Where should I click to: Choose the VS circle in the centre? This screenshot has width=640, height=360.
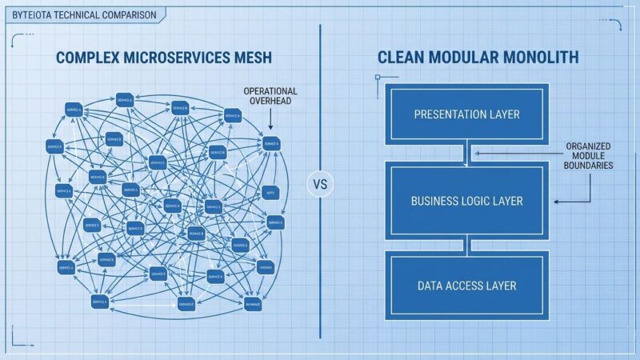click(320, 183)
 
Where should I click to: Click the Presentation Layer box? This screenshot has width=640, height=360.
click(466, 114)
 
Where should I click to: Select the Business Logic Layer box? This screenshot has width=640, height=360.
click(466, 201)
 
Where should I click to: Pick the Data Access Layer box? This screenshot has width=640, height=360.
click(466, 286)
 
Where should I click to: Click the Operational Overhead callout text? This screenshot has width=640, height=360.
click(270, 97)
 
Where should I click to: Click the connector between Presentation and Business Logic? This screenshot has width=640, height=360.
click(466, 153)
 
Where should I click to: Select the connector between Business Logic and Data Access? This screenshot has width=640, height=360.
click(466, 244)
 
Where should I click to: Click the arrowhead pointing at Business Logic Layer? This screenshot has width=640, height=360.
click(558, 202)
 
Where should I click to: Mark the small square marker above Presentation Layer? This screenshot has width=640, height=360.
click(377, 78)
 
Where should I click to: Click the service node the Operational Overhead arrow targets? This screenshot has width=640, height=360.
click(270, 144)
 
